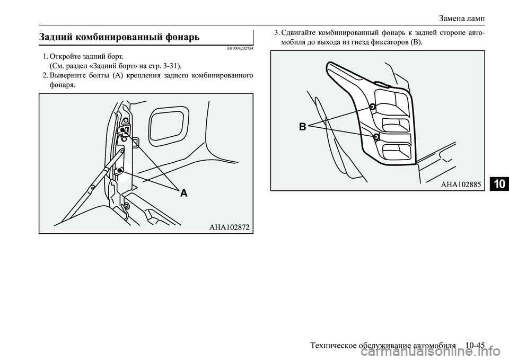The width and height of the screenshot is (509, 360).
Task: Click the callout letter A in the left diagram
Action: (x=184, y=193)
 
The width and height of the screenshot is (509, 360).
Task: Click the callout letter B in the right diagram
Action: (x=303, y=127)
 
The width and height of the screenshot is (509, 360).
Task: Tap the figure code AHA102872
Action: (x=230, y=227)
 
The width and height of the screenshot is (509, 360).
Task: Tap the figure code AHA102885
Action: (x=461, y=185)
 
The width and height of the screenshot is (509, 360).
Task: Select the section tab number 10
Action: (x=500, y=184)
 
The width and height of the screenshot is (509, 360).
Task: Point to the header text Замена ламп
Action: (x=462, y=19)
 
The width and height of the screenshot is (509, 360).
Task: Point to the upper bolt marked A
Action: (x=122, y=130)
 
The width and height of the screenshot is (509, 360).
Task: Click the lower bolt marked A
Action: (x=120, y=170)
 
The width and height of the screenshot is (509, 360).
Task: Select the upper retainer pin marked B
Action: (x=373, y=107)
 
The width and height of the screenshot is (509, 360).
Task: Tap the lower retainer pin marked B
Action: (x=376, y=136)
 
